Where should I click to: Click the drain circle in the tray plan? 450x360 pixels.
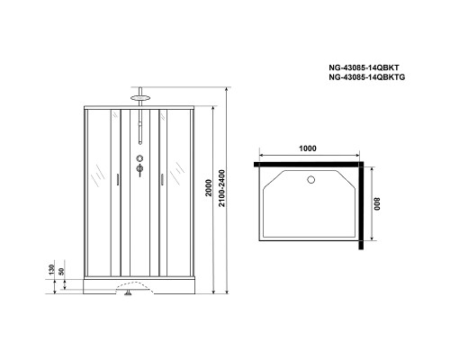click(311, 179)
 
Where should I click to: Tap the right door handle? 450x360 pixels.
click(159, 179)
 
